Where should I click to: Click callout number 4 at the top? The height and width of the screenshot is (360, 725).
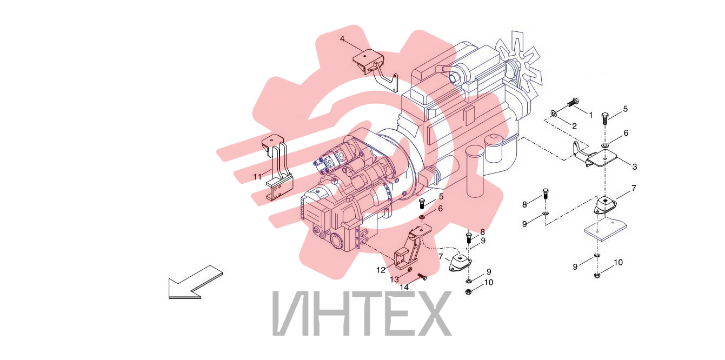pyautogui.click(x=342, y=39)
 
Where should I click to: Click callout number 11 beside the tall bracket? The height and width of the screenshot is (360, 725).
pyautogui.click(x=257, y=177)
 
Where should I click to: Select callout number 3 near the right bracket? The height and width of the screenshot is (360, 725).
pyautogui.click(x=635, y=166)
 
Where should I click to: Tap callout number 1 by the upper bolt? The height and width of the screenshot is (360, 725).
pyautogui.click(x=591, y=115)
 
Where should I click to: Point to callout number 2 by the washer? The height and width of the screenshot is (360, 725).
pyautogui.click(x=575, y=126)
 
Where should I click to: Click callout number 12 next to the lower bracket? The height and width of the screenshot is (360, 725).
pyautogui.click(x=381, y=270)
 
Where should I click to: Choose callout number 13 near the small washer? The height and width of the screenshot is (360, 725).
pyautogui.click(x=394, y=279)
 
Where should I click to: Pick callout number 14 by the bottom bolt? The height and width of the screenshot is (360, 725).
pyautogui.click(x=404, y=287)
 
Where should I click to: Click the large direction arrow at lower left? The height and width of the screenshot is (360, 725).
pyautogui.click(x=196, y=282)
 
